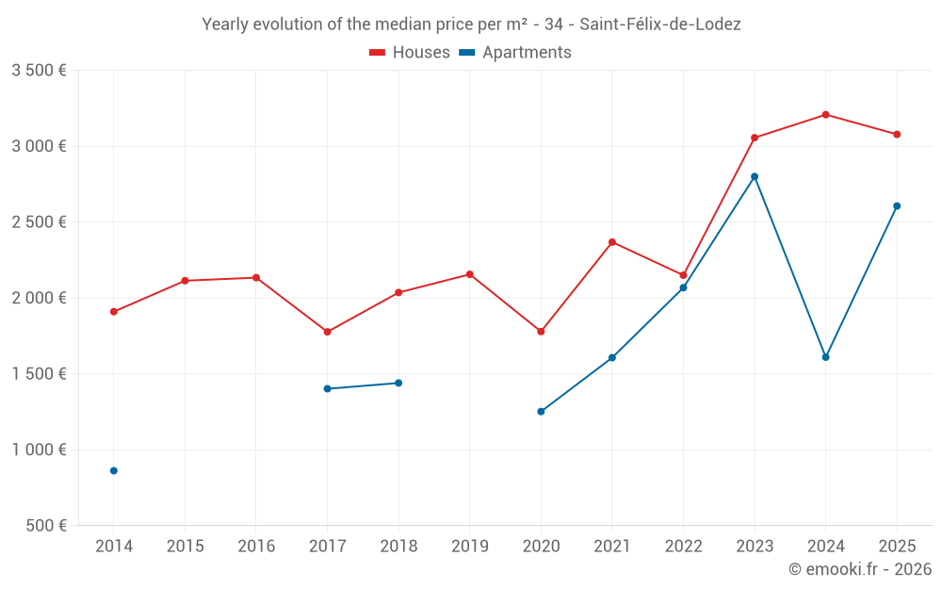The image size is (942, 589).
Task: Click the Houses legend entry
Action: [x=410, y=53]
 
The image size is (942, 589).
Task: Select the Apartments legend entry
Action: [x=515, y=53]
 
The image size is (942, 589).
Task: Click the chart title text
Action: [x=471, y=25]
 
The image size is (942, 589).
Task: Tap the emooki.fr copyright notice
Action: [x=859, y=568]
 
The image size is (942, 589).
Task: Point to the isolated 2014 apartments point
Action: [x=114, y=470]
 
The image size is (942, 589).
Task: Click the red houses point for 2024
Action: [x=825, y=115]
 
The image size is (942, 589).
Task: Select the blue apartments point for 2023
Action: [x=755, y=176]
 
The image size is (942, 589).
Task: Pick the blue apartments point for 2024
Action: [x=825, y=357]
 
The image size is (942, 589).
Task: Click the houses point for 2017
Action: [x=327, y=332]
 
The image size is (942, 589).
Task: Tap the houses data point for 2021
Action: [x=612, y=242]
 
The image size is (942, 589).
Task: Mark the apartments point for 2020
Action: [x=541, y=412]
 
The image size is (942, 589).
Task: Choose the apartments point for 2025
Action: [x=897, y=205]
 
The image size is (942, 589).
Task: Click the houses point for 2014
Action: [x=114, y=312]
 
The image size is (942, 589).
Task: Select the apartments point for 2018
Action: [x=398, y=383]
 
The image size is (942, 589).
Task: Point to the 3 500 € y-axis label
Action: [x=39, y=71]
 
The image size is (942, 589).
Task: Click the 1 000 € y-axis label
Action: [x=39, y=450]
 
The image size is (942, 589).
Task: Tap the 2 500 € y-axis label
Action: [x=39, y=222]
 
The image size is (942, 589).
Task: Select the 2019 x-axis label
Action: [x=469, y=546]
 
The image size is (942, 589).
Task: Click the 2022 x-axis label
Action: [x=683, y=546]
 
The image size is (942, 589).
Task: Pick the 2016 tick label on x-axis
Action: [x=256, y=546]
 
